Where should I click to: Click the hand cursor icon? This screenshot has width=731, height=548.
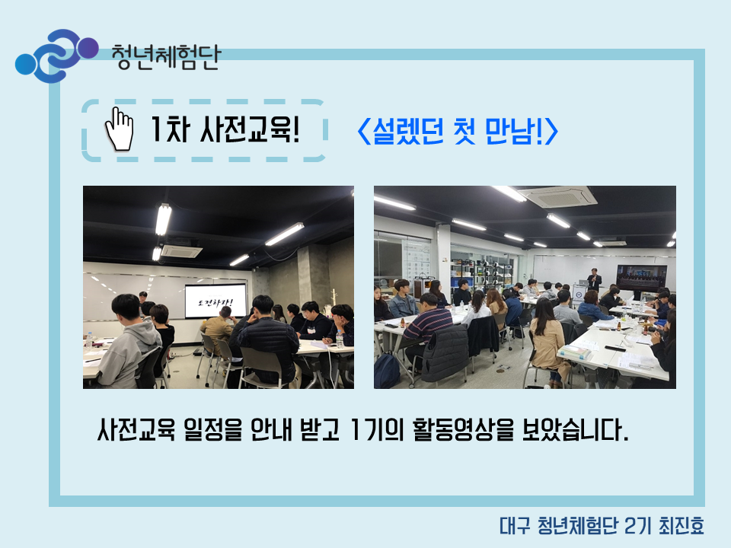120,129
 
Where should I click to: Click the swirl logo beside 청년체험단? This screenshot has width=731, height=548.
56,56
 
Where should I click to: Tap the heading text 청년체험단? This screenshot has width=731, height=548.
165,58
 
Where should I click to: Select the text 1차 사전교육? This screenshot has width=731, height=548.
225,129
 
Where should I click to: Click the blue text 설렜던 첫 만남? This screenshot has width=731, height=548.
458,131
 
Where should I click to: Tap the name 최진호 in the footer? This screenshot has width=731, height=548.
681,526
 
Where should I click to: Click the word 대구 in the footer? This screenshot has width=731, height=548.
515,526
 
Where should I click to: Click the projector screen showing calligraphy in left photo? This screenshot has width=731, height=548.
215,301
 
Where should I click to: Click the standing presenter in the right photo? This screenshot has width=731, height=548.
594,281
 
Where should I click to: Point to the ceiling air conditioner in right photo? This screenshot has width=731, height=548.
557,197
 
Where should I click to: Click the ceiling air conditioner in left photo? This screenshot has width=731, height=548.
182,250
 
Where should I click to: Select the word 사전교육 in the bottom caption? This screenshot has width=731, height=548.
136,429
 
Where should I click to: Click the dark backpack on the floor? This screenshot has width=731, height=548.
387,371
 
